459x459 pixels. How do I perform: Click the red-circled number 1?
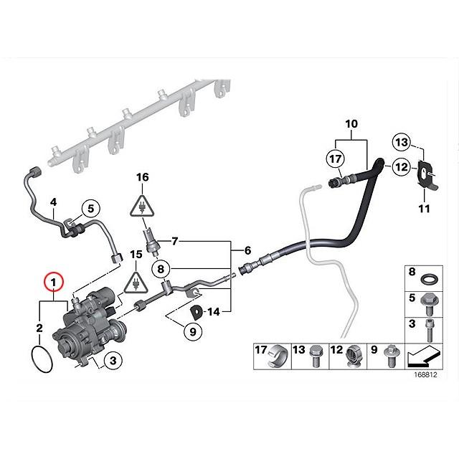point(54,281)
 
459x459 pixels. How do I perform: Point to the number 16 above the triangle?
point(143,176)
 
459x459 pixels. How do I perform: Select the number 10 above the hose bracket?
point(351,124)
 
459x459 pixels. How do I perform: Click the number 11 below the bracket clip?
point(424,209)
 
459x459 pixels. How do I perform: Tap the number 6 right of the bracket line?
point(247,251)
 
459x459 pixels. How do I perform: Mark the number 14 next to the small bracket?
point(216,311)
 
